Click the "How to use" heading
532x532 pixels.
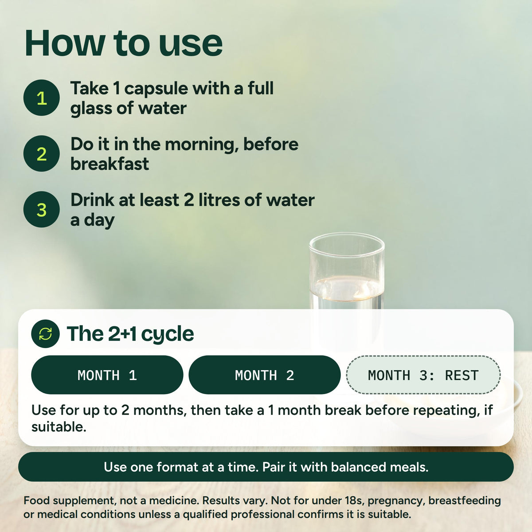point(123,43)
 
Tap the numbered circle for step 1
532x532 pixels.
point(41,98)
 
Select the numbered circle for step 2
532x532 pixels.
point(41,153)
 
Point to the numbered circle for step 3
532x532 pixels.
point(41,209)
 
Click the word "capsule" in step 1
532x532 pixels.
point(156,89)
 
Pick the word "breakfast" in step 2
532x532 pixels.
point(110,164)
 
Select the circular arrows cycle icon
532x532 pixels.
point(45,334)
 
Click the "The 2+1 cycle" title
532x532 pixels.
point(130,334)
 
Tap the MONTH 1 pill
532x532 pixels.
point(107,375)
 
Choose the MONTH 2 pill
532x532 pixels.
point(265,375)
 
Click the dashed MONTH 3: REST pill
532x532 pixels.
point(423,375)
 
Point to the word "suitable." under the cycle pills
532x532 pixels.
point(59,427)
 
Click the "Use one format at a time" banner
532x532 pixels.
point(266,467)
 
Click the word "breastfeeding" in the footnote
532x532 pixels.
point(465,501)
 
